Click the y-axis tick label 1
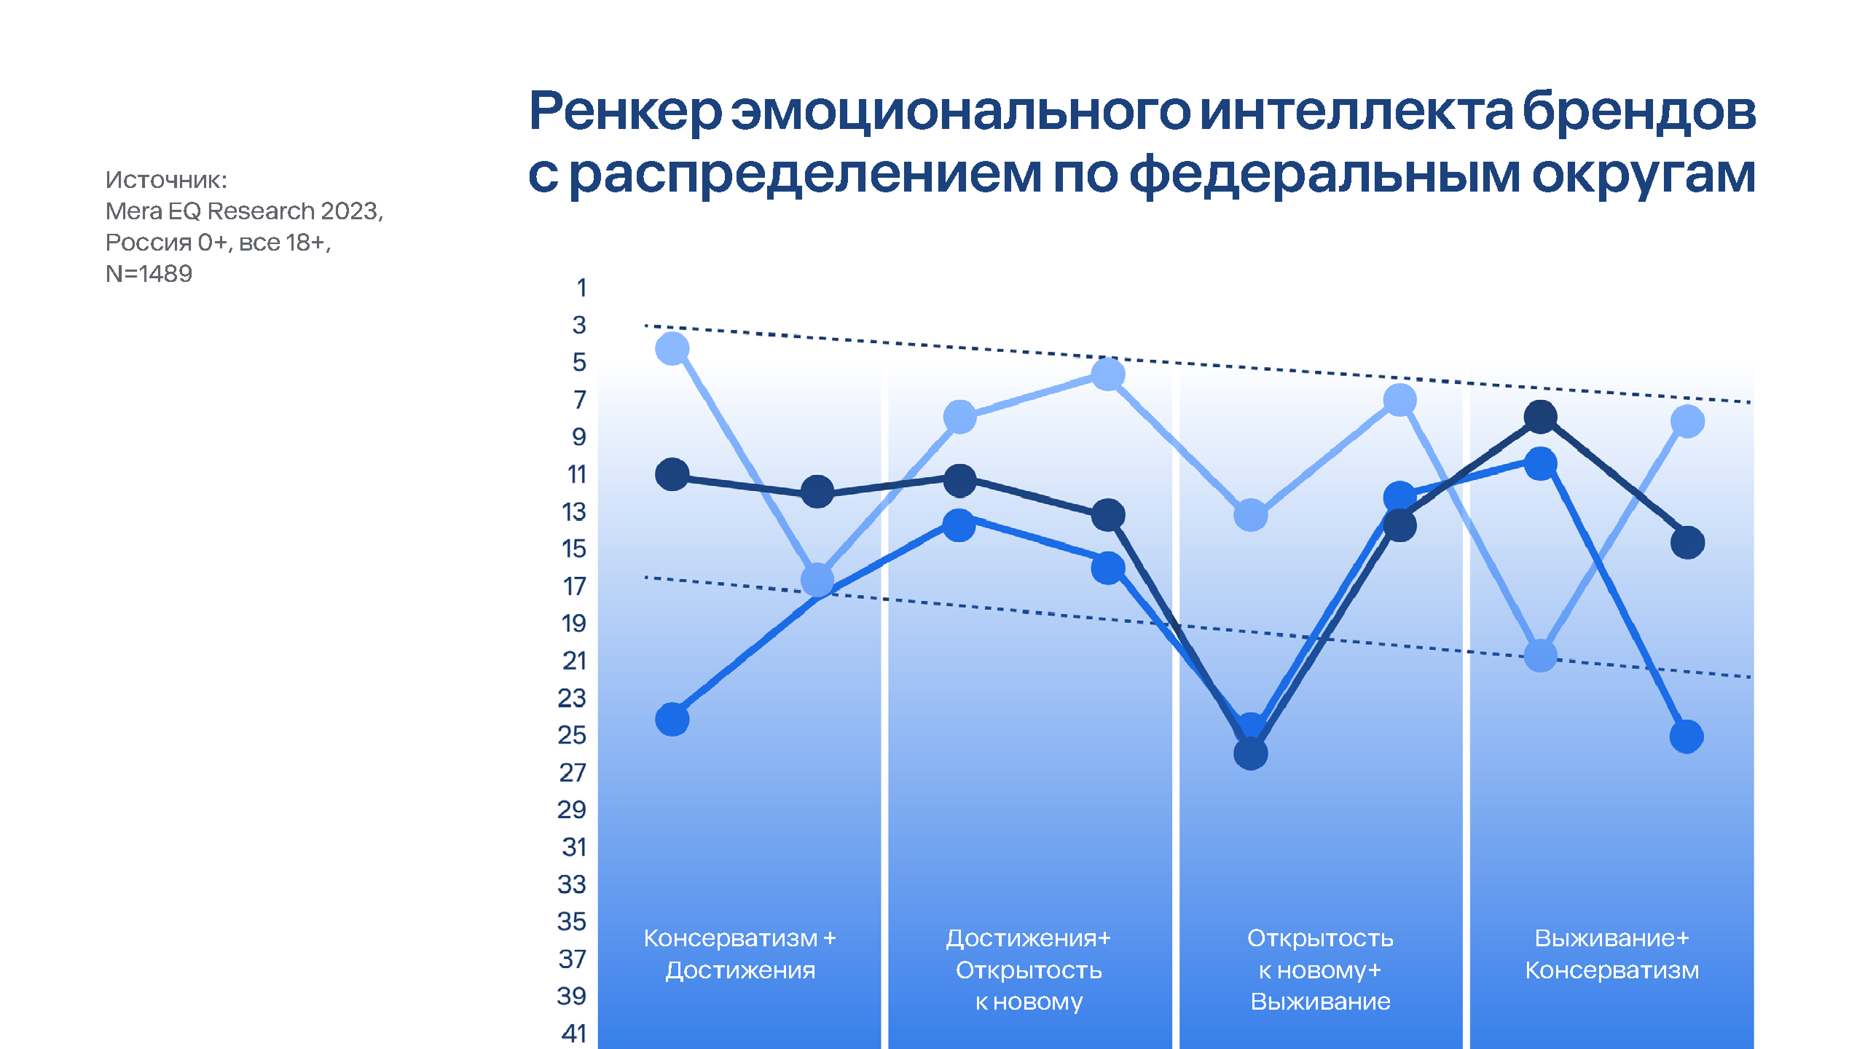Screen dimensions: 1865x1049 coord(581,288)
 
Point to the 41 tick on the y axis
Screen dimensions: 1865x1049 coord(574,1033)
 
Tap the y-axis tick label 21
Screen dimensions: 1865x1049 coord(575,661)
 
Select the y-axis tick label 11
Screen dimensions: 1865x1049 coord(577,474)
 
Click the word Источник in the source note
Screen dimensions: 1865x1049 coord(166,180)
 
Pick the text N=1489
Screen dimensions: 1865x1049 coord(149,274)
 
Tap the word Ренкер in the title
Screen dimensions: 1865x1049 coord(625,111)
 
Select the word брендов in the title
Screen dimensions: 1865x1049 coord(1638,111)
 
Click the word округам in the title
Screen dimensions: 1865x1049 coord(1644,175)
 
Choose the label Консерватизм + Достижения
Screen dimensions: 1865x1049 coord(740,954)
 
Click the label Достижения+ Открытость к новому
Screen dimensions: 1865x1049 coord(1029,970)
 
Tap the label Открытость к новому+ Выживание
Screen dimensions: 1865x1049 coord(1320,970)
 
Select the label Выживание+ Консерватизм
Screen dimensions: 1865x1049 coord(1612,954)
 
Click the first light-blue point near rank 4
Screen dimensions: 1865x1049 coord(672,348)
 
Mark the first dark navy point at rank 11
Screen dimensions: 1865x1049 coord(672,474)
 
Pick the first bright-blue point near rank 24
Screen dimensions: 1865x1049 coord(672,720)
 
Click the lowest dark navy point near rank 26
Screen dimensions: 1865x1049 coord(1251,753)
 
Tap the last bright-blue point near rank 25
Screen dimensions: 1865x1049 coord(1687,736)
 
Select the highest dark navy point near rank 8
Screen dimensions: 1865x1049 coord(1541,417)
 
